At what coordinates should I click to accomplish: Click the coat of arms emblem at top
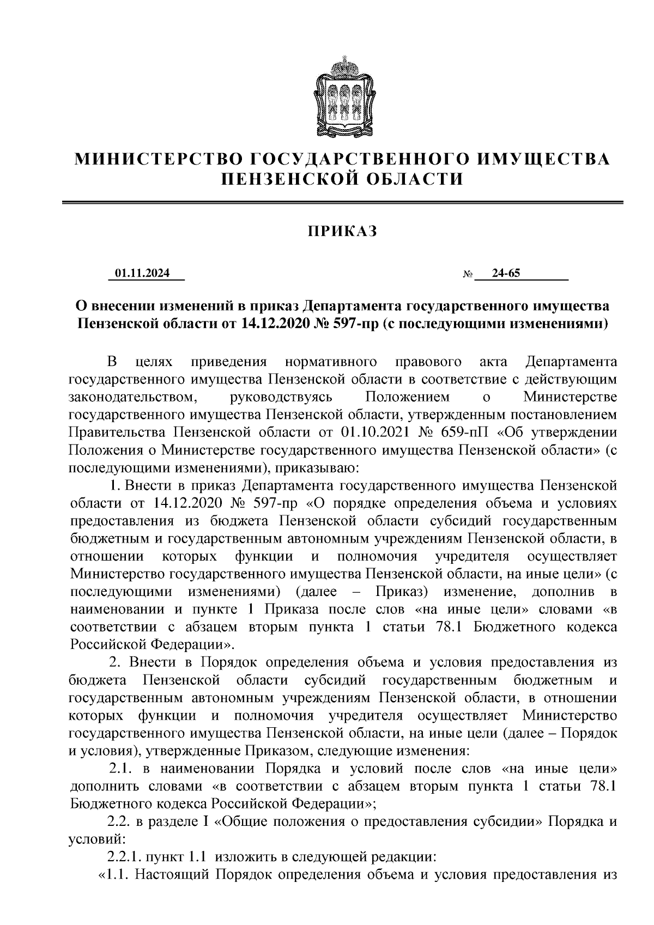[x=342, y=96]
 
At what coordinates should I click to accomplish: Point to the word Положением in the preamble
[x=408, y=397]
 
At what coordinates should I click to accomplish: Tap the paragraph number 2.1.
[x=121, y=769]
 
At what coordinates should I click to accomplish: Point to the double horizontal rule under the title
[x=343, y=204]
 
